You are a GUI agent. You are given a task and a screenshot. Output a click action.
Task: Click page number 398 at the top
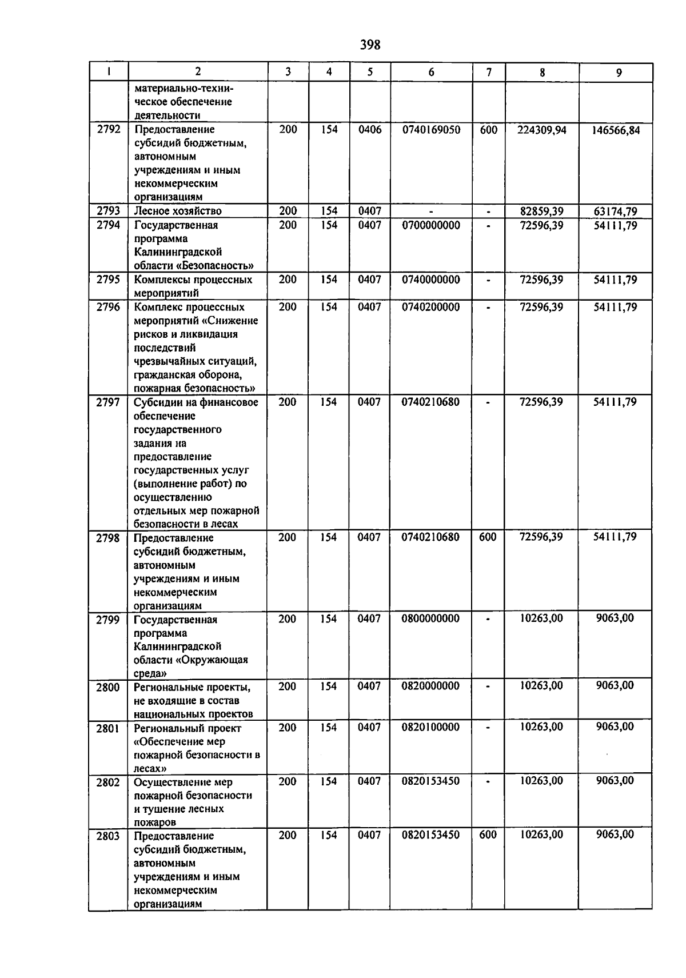tap(370, 45)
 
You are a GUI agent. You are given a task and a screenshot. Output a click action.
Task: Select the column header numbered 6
tap(431, 72)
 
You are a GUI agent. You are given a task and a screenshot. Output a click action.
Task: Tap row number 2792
tap(109, 129)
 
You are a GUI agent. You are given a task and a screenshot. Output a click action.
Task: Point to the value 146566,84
tap(616, 130)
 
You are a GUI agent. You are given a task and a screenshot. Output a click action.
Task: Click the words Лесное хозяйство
tap(178, 211)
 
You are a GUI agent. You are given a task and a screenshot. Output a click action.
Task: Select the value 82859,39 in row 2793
tap(541, 211)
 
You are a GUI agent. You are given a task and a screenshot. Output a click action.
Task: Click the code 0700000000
tap(430, 225)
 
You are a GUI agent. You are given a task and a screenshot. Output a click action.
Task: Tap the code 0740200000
tap(430, 307)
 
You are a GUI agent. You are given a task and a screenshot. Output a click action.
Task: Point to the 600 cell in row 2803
tap(488, 835)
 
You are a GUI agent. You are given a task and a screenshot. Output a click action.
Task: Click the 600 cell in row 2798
tap(488, 537)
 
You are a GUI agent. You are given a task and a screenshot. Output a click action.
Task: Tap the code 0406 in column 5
tap(369, 130)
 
